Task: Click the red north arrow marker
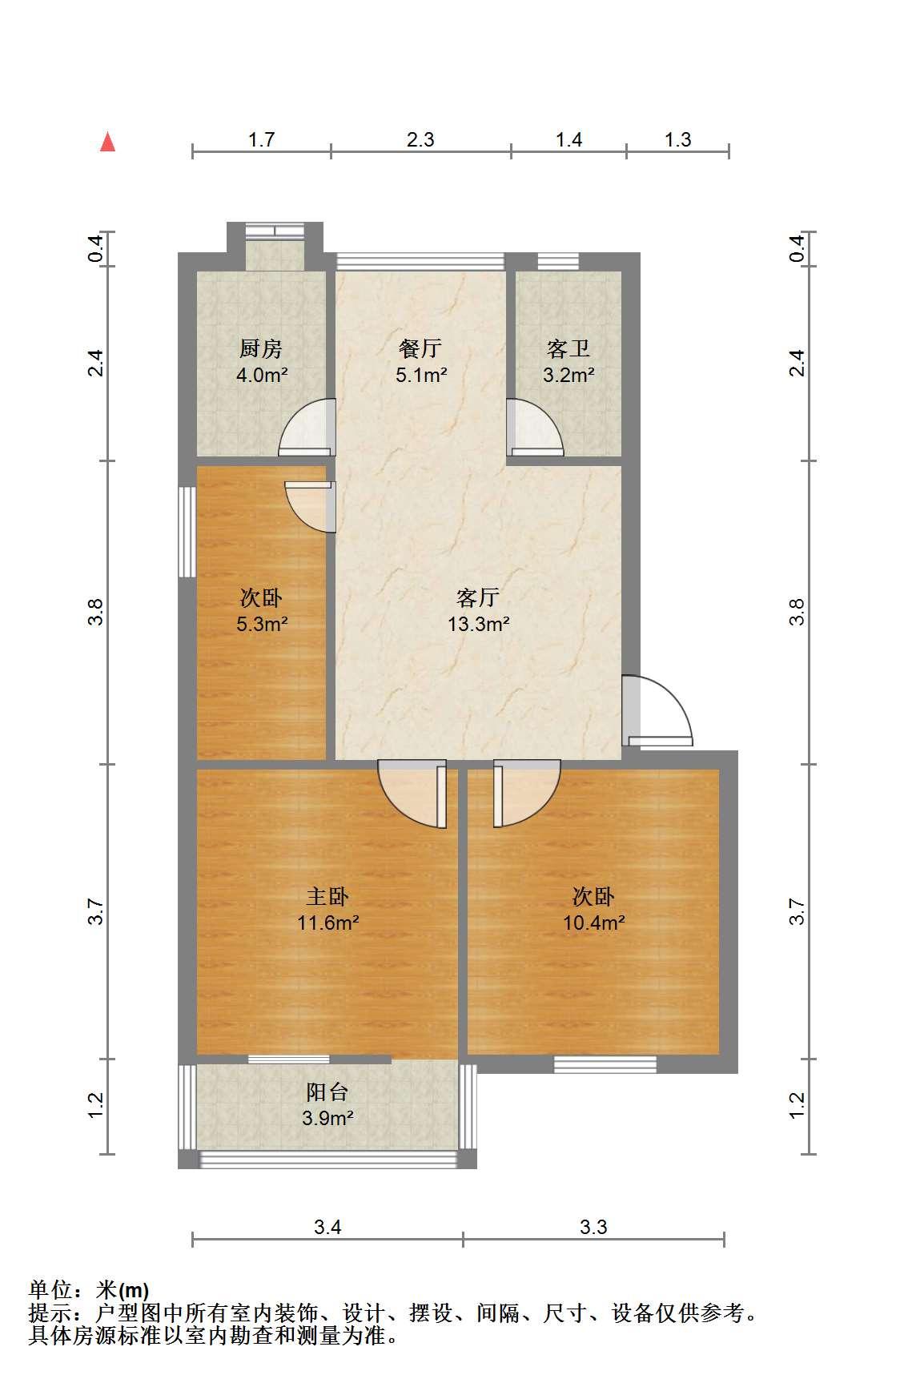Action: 108,143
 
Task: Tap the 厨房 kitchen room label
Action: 261,349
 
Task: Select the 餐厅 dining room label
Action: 420,349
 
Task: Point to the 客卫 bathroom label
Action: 568,349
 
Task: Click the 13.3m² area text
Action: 479,625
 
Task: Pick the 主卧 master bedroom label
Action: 327,897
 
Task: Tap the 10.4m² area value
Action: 593,923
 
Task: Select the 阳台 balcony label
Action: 327,1091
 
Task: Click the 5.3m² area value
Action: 262,625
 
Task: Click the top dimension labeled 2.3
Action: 420,140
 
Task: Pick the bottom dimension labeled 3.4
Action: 327,1228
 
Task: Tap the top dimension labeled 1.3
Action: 677,140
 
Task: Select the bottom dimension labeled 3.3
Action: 594,1228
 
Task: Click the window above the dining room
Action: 420,261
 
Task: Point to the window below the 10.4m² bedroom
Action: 605,1064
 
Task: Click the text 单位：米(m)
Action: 89,1291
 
